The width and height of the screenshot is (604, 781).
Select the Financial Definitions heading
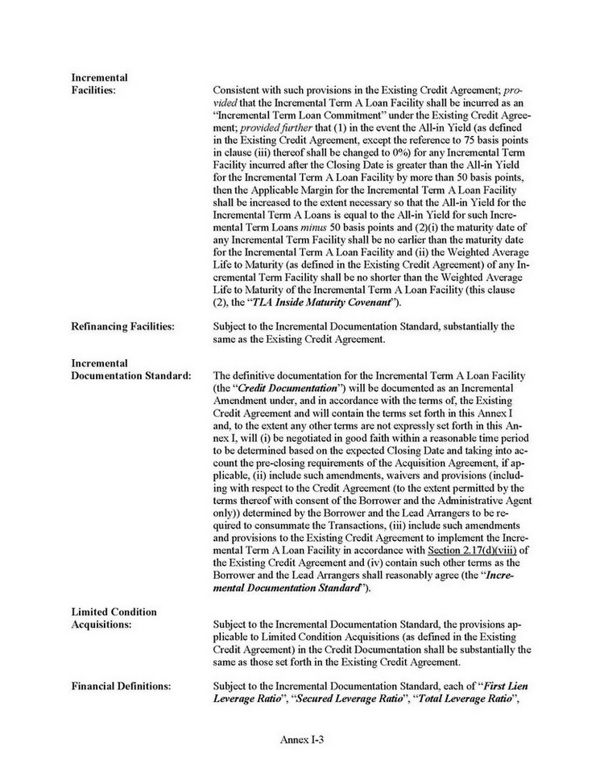point(121,685)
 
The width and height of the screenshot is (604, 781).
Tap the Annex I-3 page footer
point(301,738)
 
